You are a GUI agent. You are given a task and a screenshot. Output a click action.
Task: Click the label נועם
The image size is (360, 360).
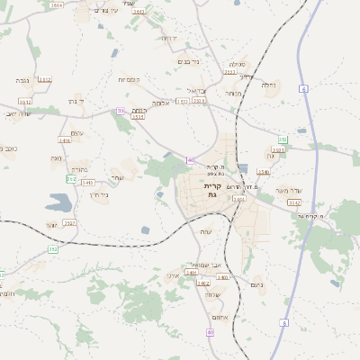[256, 283]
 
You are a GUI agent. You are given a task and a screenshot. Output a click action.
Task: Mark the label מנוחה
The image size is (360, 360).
[231, 93]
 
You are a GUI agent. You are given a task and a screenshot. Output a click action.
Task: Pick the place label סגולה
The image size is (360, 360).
[237, 64]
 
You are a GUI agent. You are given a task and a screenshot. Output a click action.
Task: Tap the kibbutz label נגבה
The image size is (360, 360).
[22, 80]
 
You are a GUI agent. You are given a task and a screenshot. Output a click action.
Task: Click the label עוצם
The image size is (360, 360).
[76, 133]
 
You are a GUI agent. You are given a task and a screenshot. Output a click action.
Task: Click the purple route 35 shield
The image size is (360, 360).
[120, 111]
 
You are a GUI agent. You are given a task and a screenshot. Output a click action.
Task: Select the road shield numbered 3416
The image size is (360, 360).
[65, 140]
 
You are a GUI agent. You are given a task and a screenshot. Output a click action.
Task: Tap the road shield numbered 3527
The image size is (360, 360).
[69, 222]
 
